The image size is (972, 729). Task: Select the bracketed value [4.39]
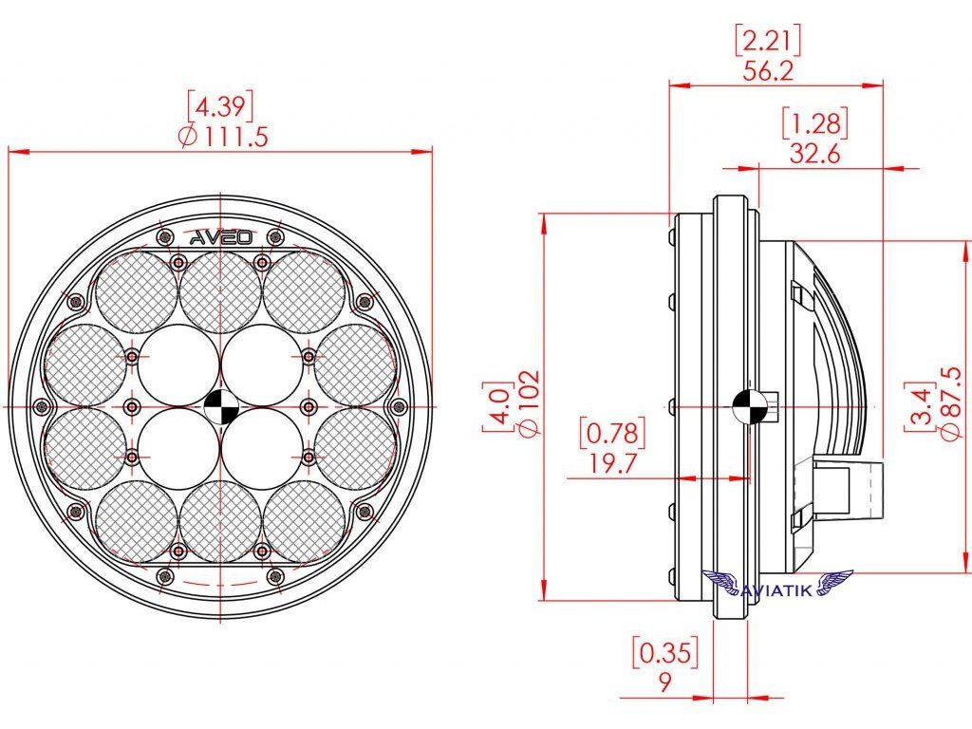tap(220, 106)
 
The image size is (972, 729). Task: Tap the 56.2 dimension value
tap(768, 71)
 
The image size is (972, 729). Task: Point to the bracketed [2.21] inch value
tap(767, 41)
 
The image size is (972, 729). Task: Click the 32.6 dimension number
tap(814, 153)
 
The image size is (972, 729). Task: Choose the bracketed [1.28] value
tap(814, 124)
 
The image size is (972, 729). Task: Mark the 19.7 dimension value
tap(612, 462)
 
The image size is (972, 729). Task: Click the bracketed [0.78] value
tap(612, 433)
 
